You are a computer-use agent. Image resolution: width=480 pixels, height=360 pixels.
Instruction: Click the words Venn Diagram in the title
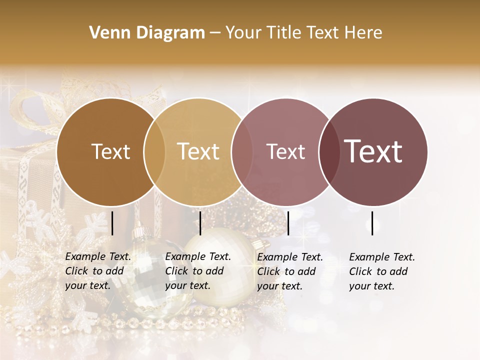(x=147, y=33)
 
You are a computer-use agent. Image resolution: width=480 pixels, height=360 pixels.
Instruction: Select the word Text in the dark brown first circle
(x=110, y=151)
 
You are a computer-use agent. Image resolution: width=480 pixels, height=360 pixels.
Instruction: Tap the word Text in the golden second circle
(x=198, y=151)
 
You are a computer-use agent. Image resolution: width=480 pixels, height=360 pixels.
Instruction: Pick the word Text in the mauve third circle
(x=285, y=151)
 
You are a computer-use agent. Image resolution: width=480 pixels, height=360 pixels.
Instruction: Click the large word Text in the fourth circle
(x=373, y=151)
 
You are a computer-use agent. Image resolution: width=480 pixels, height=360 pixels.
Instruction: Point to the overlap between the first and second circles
(x=154, y=152)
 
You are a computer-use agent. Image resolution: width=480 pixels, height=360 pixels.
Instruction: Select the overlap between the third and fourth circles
(x=328, y=152)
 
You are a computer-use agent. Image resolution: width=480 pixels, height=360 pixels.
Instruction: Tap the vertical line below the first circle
(x=112, y=223)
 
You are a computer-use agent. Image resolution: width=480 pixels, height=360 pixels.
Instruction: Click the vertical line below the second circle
(x=200, y=223)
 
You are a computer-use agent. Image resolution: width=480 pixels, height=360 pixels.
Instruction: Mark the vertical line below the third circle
(x=288, y=223)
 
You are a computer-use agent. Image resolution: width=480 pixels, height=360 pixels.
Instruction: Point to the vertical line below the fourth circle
(x=372, y=223)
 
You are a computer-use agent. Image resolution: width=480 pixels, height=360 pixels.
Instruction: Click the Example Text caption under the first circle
(x=97, y=271)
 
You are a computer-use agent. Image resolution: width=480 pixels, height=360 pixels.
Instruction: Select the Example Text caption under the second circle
(x=197, y=271)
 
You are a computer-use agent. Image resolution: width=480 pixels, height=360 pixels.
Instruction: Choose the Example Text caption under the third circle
(x=289, y=271)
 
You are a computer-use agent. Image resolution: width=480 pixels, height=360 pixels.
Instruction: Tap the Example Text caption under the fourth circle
(x=381, y=271)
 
